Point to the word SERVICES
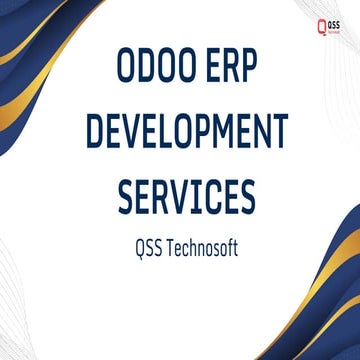click(x=180, y=194)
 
